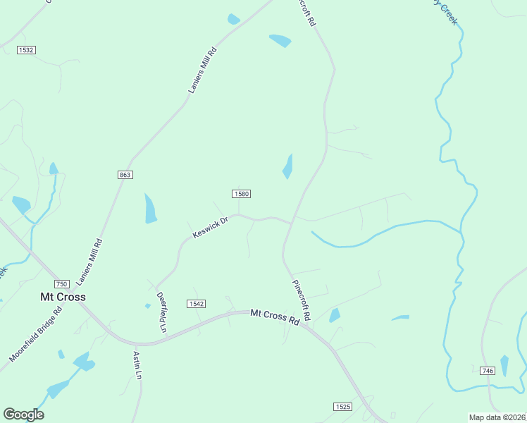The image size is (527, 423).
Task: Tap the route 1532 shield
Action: (27, 50)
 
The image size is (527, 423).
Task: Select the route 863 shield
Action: (125, 174)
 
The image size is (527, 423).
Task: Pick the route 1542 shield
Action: (197, 303)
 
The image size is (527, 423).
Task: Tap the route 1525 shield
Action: (342, 407)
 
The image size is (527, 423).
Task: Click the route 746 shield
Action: (487, 370)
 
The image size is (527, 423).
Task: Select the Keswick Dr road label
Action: (210, 227)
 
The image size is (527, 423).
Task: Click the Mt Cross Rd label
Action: (275, 317)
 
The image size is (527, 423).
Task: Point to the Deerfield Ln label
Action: (161, 312)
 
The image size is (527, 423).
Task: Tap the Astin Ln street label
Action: (138, 366)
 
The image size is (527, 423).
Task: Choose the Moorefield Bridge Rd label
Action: (36, 334)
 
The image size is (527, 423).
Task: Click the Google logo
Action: (23, 415)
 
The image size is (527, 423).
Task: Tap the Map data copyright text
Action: (497, 417)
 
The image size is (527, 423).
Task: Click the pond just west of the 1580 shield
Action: (150, 209)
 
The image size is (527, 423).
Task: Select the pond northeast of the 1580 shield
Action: (287, 167)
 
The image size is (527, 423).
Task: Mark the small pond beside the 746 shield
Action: (504, 365)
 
